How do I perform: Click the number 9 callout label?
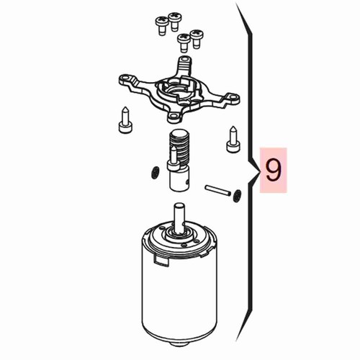274,170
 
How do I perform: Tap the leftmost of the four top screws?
161,26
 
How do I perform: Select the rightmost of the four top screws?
197,39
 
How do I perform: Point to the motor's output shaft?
179,218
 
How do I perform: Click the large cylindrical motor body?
179,283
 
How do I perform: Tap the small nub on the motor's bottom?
179,344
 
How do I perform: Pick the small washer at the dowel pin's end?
237,196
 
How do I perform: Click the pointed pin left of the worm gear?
125,120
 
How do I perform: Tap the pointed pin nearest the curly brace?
233,139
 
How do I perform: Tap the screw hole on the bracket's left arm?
125,78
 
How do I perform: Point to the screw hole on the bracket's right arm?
233,98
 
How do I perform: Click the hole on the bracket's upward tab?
184,58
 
